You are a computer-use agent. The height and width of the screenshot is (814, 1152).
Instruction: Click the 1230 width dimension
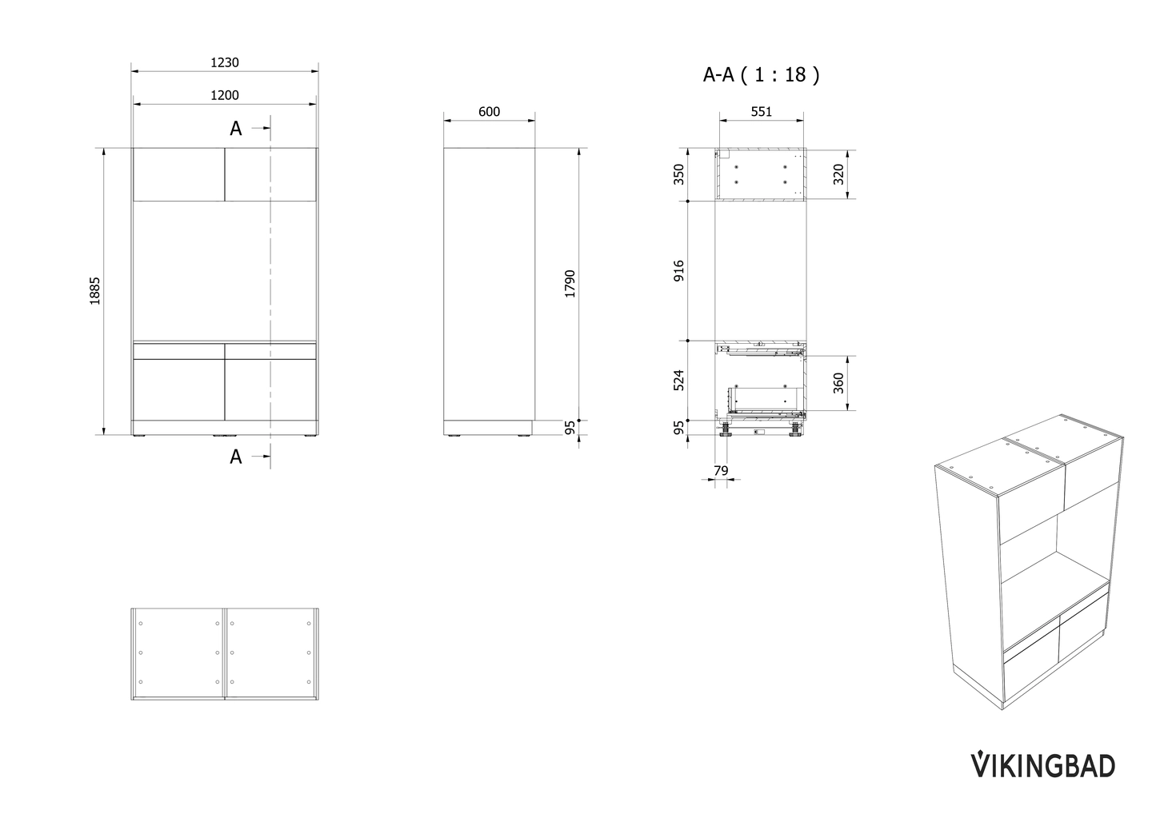point(225,62)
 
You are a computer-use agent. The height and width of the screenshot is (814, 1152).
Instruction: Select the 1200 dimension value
point(225,95)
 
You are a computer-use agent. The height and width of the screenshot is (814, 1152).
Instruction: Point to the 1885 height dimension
point(95,291)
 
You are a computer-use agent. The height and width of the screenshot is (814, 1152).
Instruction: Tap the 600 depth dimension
point(489,112)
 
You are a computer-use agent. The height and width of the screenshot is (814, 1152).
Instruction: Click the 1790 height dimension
point(570,284)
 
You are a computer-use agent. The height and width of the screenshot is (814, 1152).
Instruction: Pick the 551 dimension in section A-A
point(761,112)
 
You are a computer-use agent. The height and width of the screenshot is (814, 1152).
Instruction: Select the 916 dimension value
point(679,271)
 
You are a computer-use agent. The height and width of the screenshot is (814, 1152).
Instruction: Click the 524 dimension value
point(679,380)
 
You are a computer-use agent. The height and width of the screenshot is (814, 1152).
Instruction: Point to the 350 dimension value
point(679,174)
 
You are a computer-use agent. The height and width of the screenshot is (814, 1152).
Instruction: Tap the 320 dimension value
point(838,174)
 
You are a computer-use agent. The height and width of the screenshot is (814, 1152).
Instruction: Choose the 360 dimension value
point(838,384)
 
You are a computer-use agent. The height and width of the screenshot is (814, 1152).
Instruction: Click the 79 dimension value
point(720,470)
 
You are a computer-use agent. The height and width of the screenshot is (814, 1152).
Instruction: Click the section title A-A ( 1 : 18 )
point(761,75)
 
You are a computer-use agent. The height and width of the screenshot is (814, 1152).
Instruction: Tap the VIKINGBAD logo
point(1042,764)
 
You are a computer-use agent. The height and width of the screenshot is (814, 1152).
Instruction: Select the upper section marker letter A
point(236,129)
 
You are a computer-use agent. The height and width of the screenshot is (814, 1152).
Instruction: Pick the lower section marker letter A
point(236,457)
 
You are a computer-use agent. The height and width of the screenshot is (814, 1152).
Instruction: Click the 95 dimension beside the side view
point(570,428)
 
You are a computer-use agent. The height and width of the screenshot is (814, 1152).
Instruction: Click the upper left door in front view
point(178,174)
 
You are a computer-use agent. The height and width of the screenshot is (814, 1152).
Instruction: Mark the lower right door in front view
point(271,389)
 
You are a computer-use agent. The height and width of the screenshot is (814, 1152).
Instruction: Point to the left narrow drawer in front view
point(178,351)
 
